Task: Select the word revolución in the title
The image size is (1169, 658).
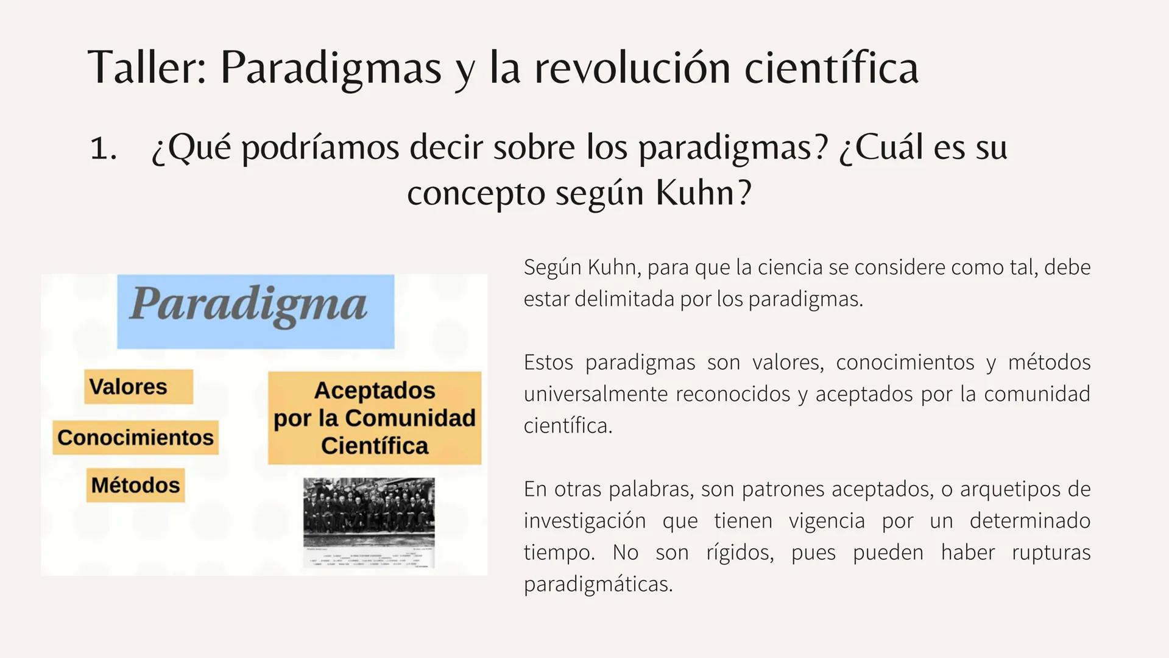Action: (x=632, y=67)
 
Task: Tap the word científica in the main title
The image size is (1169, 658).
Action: (x=831, y=67)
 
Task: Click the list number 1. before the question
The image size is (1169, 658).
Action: (x=103, y=148)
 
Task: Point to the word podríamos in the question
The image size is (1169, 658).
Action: (x=320, y=148)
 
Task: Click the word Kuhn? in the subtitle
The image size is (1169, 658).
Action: (x=704, y=193)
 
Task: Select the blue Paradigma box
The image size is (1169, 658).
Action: (x=255, y=311)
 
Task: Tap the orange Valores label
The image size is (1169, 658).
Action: (x=138, y=386)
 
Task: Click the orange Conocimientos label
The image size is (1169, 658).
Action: (x=135, y=437)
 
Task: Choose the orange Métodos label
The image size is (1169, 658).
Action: (x=135, y=485)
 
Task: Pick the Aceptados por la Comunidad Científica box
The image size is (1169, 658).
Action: (x=374, y=418)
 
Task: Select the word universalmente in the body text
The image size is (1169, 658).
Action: (x=593, y=394)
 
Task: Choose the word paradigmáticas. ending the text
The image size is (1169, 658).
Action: (x=598, y=584)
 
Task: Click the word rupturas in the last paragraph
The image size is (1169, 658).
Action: (x=1051, y=553)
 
